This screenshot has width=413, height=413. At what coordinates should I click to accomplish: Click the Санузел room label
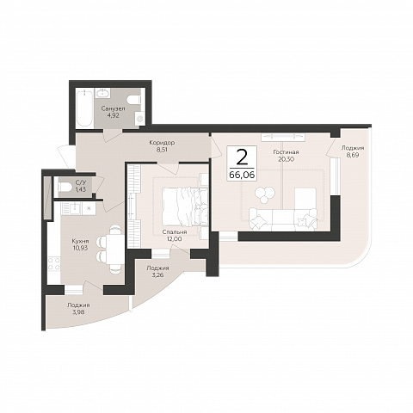coord(113,109)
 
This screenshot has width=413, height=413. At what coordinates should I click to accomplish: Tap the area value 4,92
coord(113,116)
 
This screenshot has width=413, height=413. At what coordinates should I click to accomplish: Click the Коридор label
coord(162,143)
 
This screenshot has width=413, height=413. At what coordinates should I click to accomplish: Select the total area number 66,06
coord(242,175)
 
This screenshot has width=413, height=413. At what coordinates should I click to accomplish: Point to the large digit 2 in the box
coord(242,157)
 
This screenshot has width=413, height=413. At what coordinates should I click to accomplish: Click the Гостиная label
coord(286,152)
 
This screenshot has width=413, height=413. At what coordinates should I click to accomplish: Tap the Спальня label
coord(175,232)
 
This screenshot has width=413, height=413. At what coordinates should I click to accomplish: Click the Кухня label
coord(80,241)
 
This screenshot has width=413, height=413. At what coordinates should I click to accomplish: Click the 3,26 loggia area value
coord(157,275)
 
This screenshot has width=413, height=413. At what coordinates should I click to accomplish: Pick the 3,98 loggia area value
coord(78,312)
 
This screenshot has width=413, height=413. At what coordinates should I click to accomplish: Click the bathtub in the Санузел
coord(84,108)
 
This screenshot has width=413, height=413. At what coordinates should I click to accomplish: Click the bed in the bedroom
coord(185,206)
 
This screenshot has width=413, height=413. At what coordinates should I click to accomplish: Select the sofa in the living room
coord(283,219)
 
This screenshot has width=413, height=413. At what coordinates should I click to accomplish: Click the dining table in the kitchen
coord(114,250)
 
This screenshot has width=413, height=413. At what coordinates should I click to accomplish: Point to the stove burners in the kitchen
coord(54,264)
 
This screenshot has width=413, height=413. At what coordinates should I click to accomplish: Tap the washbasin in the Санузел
coord(102,93)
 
